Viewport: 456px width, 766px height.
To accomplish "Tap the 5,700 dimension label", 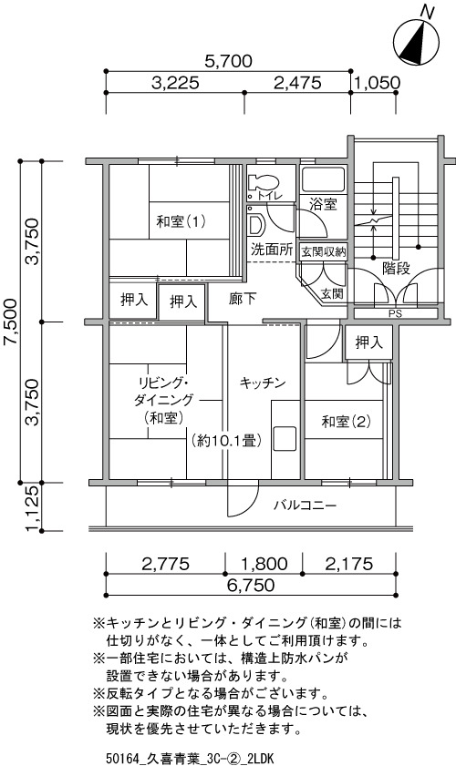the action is point(229,62).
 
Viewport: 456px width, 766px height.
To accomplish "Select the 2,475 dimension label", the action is point(297,83).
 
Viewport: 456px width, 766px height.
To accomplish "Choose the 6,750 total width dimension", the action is point(252,585).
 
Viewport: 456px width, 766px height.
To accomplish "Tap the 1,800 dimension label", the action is point(264,564).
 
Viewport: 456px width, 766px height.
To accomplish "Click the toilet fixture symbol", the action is point(263,183).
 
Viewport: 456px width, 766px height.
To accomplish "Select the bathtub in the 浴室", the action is point(324,179).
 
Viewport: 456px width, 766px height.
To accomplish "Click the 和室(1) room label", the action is point(181,222).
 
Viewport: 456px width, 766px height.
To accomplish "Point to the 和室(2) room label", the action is point(346,421).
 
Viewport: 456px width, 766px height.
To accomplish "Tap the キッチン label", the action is point(263,383).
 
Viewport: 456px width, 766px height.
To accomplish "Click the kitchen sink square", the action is point(285,439).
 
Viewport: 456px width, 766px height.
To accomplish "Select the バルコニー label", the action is point(305,506).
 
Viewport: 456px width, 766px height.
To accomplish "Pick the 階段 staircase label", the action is point(397,268).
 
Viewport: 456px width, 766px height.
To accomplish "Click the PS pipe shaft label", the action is point(395,314).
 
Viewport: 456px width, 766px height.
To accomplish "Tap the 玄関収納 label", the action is point(323,252).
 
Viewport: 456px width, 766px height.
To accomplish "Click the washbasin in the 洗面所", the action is point(255,225).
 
